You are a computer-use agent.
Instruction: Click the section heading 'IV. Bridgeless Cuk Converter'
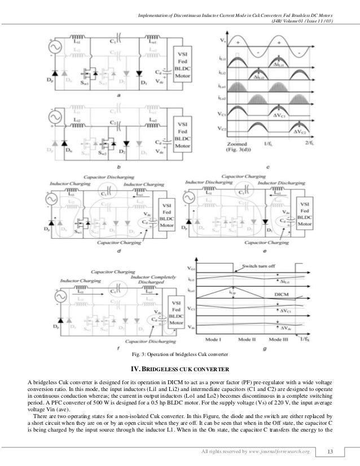[179, 370]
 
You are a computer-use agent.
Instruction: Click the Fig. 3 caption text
[179, 354]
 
